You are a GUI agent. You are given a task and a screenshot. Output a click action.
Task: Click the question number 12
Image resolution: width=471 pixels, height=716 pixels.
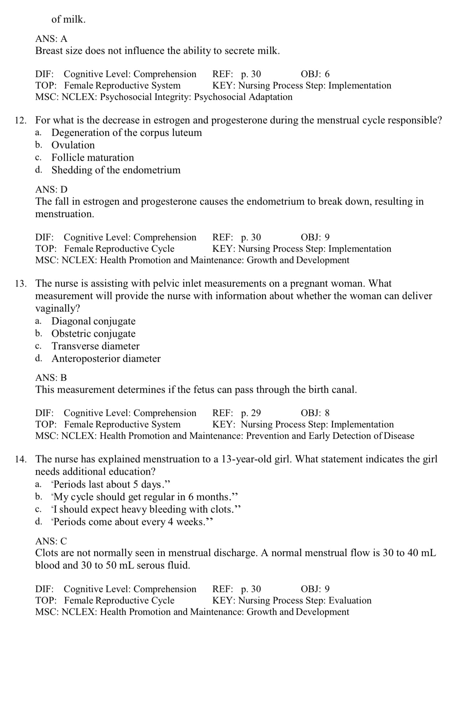[20, 120]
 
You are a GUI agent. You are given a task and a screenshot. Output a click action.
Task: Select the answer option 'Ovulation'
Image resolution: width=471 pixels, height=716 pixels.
[73, 145]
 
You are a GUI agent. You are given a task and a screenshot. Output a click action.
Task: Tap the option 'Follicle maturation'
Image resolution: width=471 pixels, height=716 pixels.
[93, 158]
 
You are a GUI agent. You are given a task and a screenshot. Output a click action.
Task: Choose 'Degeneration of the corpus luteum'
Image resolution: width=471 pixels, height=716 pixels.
[127, 133]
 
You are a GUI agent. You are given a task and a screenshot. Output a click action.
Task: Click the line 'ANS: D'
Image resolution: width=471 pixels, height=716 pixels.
[51, 189]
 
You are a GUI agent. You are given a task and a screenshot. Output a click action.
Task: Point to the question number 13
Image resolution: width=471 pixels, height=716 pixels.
[20, 284]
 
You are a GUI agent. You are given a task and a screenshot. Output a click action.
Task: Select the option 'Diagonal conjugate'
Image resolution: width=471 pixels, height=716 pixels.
[93, 321]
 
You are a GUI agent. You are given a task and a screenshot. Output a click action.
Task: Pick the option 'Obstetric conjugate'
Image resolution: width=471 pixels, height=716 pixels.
[93, 334]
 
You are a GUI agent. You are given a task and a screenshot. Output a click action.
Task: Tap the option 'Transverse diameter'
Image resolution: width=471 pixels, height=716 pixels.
[96, 346]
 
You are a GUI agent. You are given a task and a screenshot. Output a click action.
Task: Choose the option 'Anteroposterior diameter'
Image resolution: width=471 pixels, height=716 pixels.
[106, 359]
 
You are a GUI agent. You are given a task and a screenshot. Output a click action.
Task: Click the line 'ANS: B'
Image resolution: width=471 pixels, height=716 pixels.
[51, 377]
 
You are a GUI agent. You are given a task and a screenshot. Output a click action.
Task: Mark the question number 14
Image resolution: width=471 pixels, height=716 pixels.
[20, 459]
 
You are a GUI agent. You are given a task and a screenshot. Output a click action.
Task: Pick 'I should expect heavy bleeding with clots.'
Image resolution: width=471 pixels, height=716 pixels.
[146, 509]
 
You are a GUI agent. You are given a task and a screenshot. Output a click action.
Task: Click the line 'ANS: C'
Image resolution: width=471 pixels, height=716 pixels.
[51, 541]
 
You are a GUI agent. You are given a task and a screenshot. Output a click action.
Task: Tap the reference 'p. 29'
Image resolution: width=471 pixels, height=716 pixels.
[251, 413]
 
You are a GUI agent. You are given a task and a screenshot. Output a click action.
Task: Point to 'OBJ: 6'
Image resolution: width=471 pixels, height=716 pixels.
[315, 74]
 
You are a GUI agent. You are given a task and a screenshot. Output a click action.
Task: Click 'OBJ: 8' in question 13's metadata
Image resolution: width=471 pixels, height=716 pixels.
[315, 413]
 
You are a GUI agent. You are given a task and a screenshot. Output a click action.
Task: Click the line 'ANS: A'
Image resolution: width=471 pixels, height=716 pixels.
[51, 38]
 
